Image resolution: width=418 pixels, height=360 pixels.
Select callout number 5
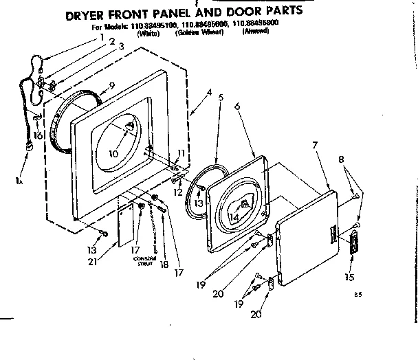tap(219, 97)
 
